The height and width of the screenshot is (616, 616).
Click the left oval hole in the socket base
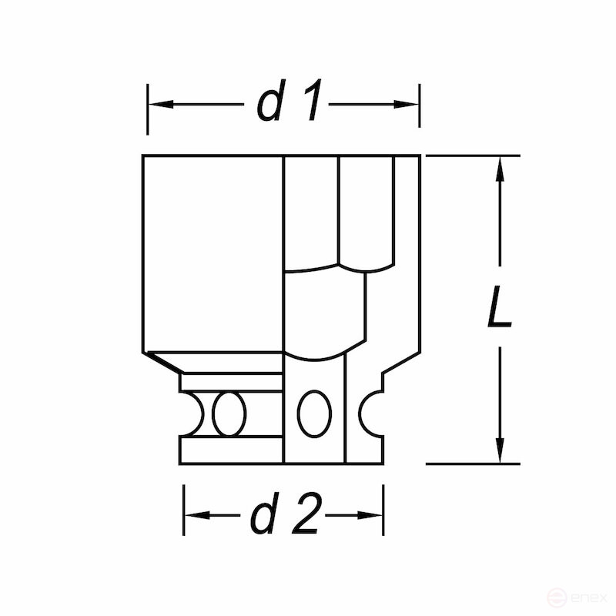[229, 414]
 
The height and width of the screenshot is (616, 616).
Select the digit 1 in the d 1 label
[311, 103]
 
